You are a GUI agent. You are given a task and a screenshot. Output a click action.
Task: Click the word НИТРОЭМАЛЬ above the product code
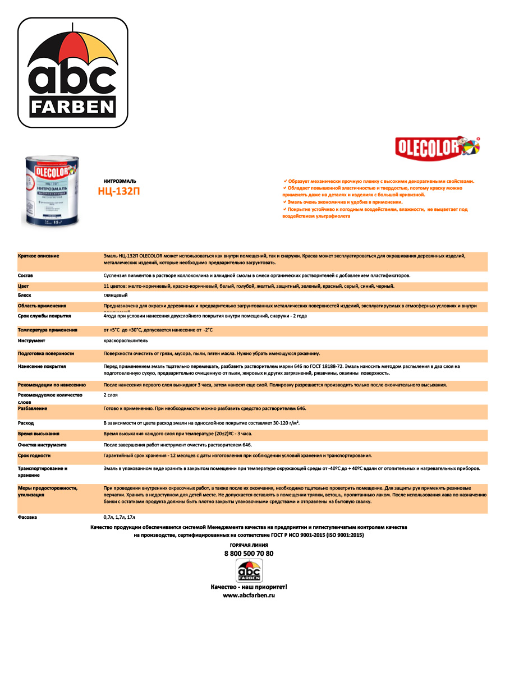click(120, 181)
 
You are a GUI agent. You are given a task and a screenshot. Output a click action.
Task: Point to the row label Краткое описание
click(39, 256)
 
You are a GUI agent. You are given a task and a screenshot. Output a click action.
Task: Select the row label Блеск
click(25, 295)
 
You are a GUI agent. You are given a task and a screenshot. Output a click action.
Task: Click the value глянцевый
click(116, 295)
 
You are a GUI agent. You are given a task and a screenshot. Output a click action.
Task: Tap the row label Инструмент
click(31, 340)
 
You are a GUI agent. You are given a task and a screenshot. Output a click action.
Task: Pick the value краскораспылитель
click(126, 340)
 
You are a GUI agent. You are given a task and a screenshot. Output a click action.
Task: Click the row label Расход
click(26, 422)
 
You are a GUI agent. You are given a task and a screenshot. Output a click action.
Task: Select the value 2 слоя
click(111, 395)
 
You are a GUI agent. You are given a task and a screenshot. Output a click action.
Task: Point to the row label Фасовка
click(27, 517)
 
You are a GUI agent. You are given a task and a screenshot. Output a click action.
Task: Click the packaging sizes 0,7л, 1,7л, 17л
click(120, 517)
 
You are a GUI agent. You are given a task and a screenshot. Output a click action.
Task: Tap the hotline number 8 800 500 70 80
click(249, 554)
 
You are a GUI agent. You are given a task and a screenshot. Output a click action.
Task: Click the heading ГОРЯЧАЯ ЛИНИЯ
click(249, 545)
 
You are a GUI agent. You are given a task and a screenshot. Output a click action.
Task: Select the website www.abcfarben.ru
click(249, 595)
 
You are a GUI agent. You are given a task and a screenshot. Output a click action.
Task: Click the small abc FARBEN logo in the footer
click(249, 571)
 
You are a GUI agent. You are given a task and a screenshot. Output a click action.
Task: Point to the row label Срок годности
click(34, 455)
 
